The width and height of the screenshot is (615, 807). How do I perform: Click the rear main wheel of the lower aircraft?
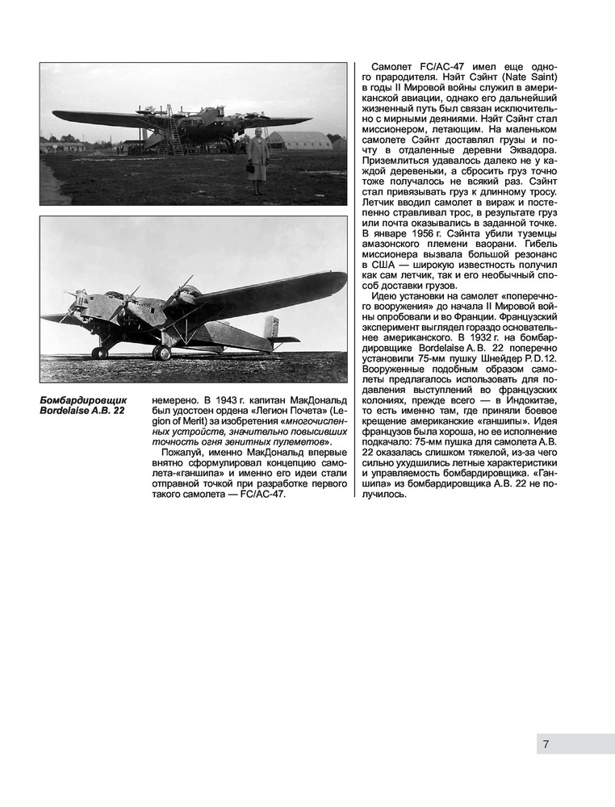pos(161,353)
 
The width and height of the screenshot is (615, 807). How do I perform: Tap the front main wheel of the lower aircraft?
pos(99,353)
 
